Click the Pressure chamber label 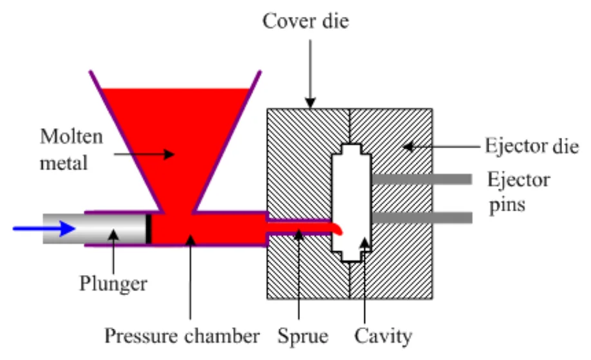[182, 336]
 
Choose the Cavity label [382, 336]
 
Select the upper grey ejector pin [421, 178]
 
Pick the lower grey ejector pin [421, 218]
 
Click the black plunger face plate [149, 228]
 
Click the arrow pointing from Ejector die [438, 146]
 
